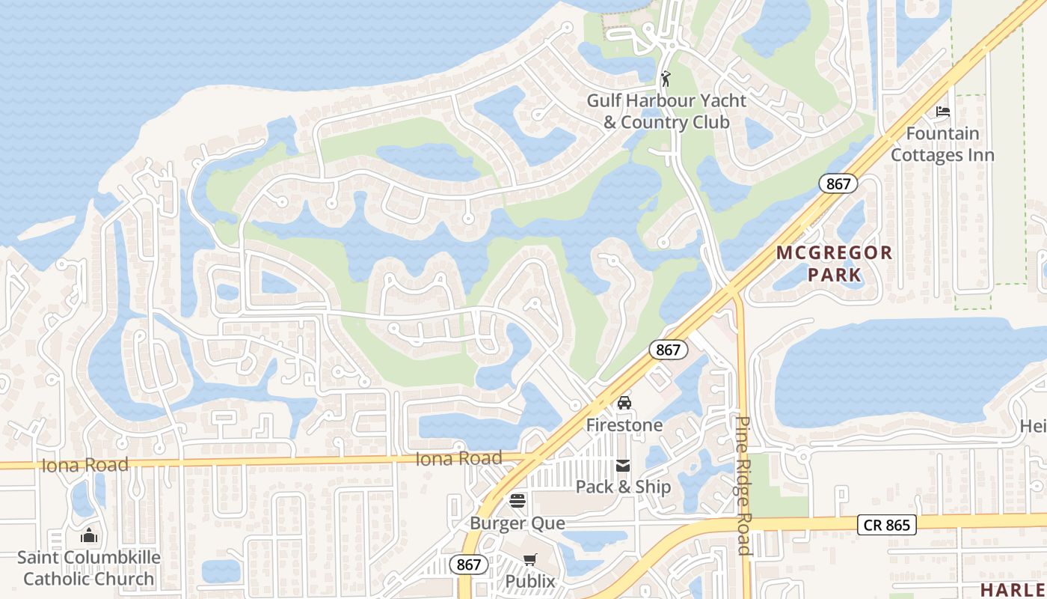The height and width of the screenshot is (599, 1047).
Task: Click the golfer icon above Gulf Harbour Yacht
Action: [666, 79]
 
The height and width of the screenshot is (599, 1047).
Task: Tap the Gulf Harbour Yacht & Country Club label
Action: [666, 111]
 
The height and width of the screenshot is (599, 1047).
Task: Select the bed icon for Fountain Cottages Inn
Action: [943, 112]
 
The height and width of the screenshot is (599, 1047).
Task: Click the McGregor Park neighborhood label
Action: [834, 264]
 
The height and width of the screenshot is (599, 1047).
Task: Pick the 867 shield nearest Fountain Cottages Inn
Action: [838, 183]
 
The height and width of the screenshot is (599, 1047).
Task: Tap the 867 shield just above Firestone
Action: [668, 350]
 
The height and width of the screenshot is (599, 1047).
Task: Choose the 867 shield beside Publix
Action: [469, 565]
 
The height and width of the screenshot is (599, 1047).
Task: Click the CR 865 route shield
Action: [887, 526]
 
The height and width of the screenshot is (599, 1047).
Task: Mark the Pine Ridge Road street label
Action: [743, 485]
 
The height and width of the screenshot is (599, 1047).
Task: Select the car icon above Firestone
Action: [624, 404]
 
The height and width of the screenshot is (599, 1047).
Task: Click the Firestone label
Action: [624, 425]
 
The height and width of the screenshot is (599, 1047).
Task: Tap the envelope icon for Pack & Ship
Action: [623, 466]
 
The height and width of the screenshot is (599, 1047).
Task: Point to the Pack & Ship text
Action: [623, 487]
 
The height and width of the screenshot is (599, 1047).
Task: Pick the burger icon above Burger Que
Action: [518, 500]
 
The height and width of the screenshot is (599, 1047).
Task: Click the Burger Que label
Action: [518, 523]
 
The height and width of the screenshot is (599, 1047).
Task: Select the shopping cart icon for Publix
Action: [530, 559]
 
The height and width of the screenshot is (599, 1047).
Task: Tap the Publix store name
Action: [530, 581]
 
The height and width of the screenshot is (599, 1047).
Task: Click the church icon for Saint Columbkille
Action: [89, 535]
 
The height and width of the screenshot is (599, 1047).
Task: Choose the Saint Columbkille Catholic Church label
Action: [89, 568]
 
